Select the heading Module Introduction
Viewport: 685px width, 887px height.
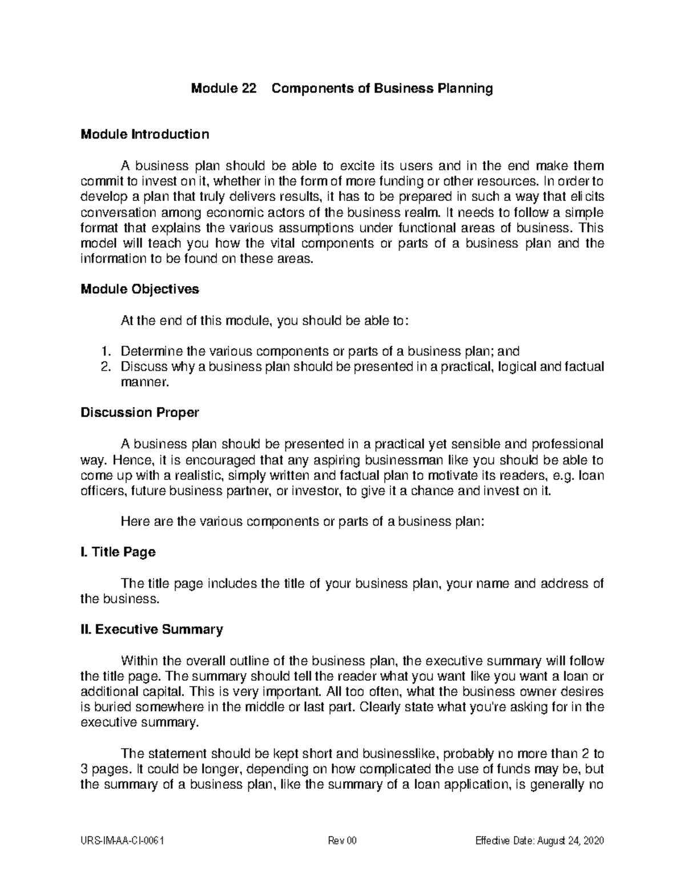[x=145, y=134]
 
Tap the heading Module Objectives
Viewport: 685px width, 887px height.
[x=140, y=289]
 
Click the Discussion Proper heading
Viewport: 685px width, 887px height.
[x=140, y=412]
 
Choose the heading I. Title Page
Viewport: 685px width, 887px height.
[x=118, y=552]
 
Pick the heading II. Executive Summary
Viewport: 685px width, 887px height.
[x=152, y=629]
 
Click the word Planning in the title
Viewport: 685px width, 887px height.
[x=465, y=89]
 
